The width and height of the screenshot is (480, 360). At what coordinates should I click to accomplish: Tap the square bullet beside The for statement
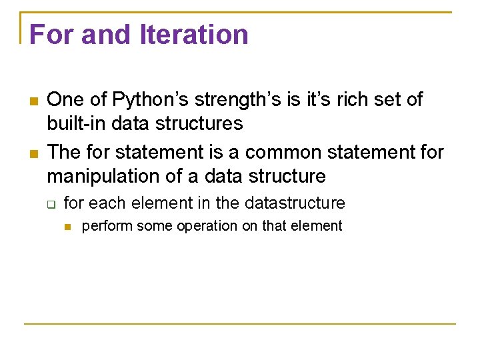31,153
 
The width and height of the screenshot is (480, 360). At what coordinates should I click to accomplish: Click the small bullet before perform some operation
67,227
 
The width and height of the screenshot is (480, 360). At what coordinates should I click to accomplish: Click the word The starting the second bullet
65,153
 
